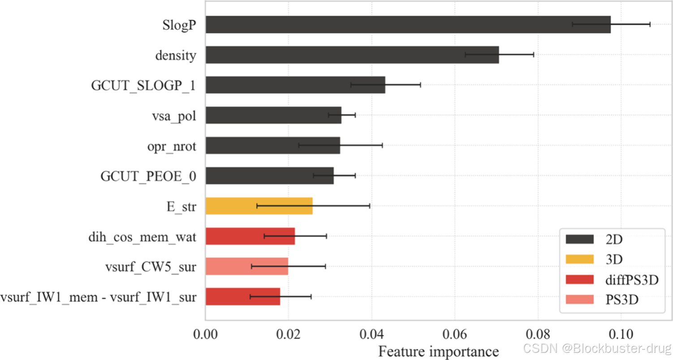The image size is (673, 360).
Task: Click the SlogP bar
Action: coord(408,25)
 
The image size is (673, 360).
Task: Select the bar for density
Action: coord(353,55)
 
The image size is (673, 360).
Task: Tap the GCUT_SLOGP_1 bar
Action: coord(296,85)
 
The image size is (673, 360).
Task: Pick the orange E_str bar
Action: coord(259,206)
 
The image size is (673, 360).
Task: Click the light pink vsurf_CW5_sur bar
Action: coord(247,266)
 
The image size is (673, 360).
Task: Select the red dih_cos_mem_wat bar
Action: coord(250,236)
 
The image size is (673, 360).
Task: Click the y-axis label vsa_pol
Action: coord(174,116)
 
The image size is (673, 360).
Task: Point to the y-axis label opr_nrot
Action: coord(172,146)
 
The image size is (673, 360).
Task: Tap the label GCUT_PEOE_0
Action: coord(148,176)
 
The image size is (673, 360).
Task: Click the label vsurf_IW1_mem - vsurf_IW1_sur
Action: coord(99,297)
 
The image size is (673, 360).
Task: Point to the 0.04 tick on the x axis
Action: coord(372,334)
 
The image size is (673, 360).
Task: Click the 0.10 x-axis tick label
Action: coord(621,334)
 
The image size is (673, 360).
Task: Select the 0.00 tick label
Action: coord(206,334)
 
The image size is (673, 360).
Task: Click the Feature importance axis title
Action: coord(438,351)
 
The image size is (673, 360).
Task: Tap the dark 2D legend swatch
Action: coord(579,239)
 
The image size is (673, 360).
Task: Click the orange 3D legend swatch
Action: coord(579,259)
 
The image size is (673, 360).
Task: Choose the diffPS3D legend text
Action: coord(632,280)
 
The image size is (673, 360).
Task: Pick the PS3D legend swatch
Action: coord(579,300)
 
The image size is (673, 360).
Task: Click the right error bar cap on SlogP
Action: coord(650,24)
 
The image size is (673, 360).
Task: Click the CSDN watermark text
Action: coord(597,348)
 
